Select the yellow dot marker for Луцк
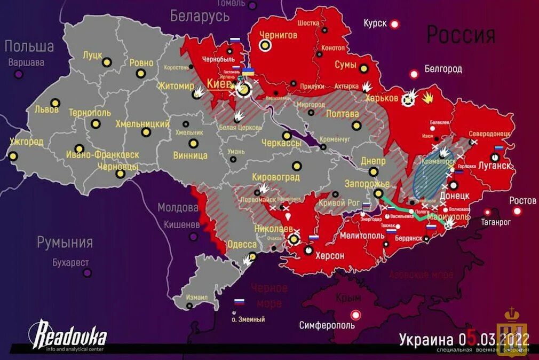point(107,62)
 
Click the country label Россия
point(461,35)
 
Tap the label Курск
point(375,24)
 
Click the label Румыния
point(65,242)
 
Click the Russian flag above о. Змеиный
point(239,302)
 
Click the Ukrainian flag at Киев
point(248,72)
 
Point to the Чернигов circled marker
point(265,46)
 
